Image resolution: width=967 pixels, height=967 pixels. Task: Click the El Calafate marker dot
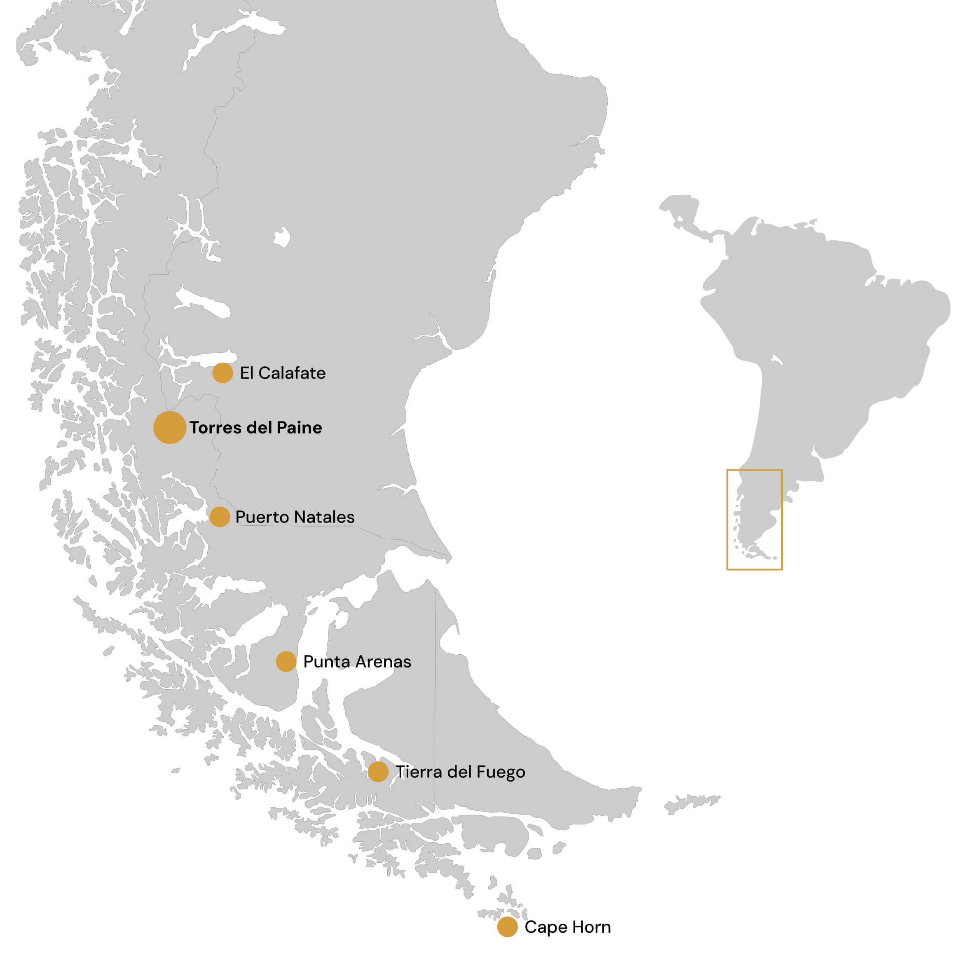(223, 373)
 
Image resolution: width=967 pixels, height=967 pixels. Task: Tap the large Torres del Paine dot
(170, 427)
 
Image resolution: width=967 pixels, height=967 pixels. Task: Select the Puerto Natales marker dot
(220, 517)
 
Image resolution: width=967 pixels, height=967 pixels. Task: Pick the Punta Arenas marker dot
(286, 661)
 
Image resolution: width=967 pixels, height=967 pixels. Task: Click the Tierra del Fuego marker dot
(378, 771)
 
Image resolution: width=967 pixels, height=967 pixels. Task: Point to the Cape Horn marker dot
(508, 927)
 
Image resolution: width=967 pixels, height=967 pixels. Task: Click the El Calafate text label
(283, 373)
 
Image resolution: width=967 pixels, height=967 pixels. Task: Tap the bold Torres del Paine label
(256, 427)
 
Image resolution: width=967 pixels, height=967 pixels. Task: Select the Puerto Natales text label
(295, 517)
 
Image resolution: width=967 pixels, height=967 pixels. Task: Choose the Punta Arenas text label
(357, 661)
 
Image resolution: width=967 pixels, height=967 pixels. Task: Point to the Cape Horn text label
(568, 927)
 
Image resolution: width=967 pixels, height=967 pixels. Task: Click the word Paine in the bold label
(299, 427)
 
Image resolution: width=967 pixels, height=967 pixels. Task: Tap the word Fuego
(501, 772)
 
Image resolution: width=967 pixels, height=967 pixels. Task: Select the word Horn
(592, 927)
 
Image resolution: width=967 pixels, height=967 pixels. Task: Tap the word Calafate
(292, 373)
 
